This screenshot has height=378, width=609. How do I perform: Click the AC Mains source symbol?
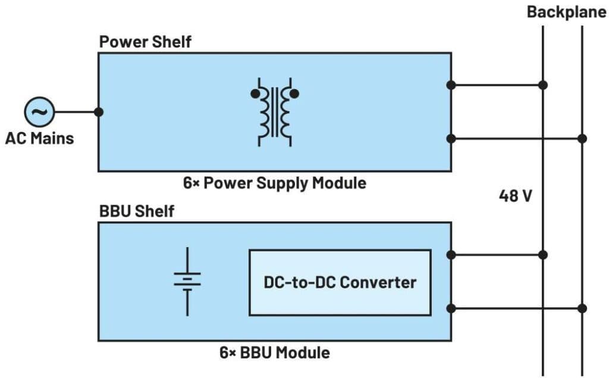click(39, 112)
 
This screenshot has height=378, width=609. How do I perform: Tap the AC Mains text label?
click(39, 138)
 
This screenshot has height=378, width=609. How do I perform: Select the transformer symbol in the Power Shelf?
click(274, 111)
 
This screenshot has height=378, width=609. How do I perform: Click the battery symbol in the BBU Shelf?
click(187, 281)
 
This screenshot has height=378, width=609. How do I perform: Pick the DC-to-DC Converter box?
click(340, 282)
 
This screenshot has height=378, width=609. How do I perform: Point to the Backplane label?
click(566, 12)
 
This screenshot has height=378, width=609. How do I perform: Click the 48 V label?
click(515, 196)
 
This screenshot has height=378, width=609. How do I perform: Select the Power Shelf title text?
click(145, 43)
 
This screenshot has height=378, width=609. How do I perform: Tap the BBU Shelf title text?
click(137, 211)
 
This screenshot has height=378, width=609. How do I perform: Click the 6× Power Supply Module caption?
click(274, 182)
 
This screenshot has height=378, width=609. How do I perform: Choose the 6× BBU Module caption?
click(274, 352)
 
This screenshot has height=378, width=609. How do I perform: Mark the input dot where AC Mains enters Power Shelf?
click(99, 112)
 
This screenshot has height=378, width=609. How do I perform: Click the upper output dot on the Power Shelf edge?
click(451, 85)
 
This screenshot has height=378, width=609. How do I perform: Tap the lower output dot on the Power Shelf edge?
click(451, 138)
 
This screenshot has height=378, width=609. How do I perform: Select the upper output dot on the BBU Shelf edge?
click(451, 255)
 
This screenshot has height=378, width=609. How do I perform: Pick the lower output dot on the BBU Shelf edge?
click(451, 308)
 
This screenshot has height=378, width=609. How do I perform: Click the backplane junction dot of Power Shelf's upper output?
click(543, 85)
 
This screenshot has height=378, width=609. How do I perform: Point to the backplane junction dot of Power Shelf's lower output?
click(582, 138)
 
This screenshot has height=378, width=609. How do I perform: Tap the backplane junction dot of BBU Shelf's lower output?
click(582, 308)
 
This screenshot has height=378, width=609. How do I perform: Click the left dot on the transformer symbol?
click(255, 93)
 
